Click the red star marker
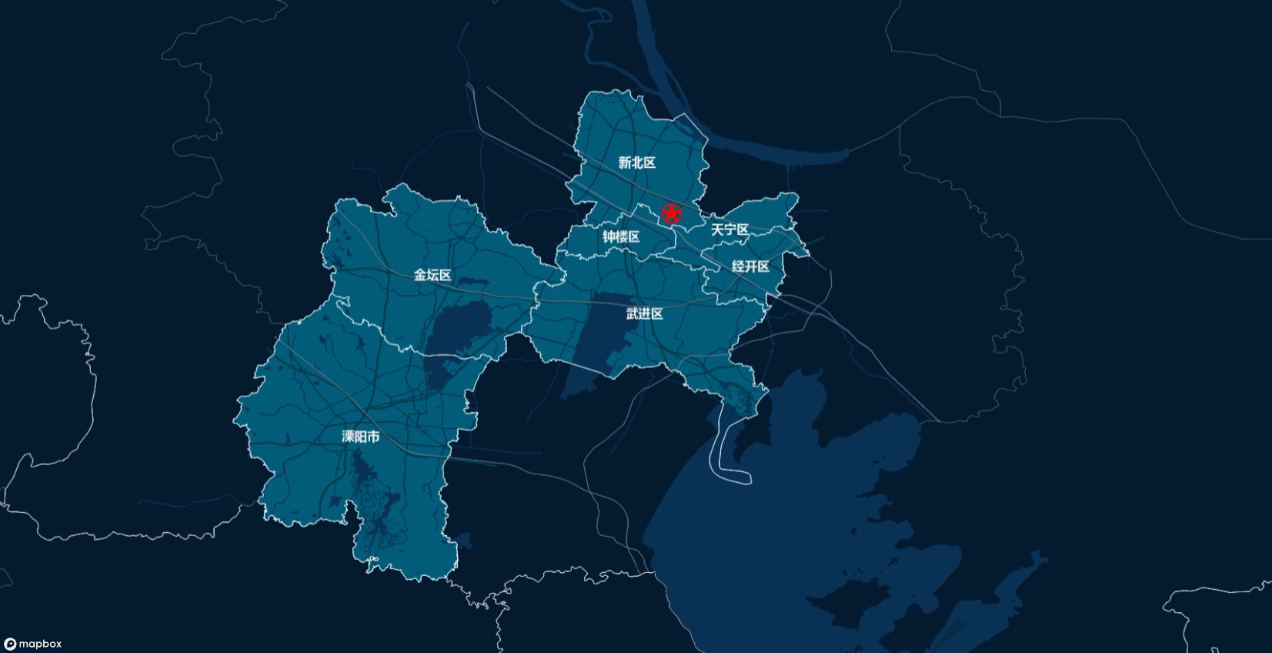pos(672,214)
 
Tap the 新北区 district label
pos(637,162)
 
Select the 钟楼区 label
pos(621,236)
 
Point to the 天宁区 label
pos(729,229)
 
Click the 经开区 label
pos(750,266)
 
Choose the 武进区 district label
pos(644,313)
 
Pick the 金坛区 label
pos(432,275)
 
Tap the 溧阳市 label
pos(361,437)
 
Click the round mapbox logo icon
pos(10,644)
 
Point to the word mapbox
pos(40,644)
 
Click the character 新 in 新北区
pos(625,162)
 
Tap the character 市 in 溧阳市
pos(373,437)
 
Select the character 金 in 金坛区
pos(420,275)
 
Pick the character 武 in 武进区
pos(632,313)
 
